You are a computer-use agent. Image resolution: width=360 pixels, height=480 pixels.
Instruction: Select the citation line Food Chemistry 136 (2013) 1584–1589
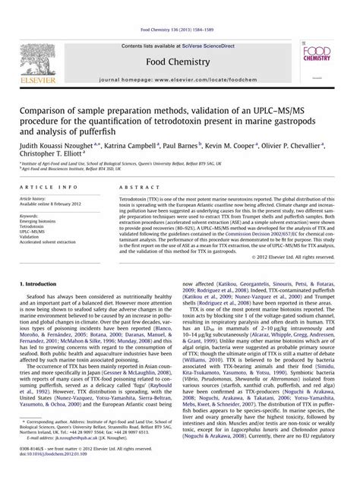point(180,8)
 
